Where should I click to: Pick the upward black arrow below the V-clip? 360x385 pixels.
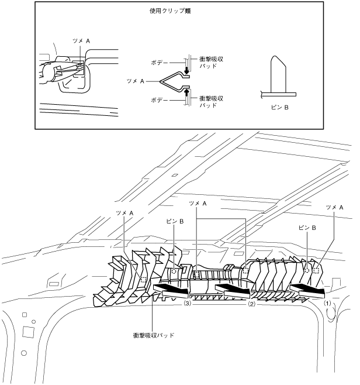click(186, 91)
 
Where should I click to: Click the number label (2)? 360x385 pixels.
click(252, 304)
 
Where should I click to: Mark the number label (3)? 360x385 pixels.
click(188, 304)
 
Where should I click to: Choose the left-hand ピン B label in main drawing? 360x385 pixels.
click(175, 222)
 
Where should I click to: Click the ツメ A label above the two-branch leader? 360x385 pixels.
click(199, 202)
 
